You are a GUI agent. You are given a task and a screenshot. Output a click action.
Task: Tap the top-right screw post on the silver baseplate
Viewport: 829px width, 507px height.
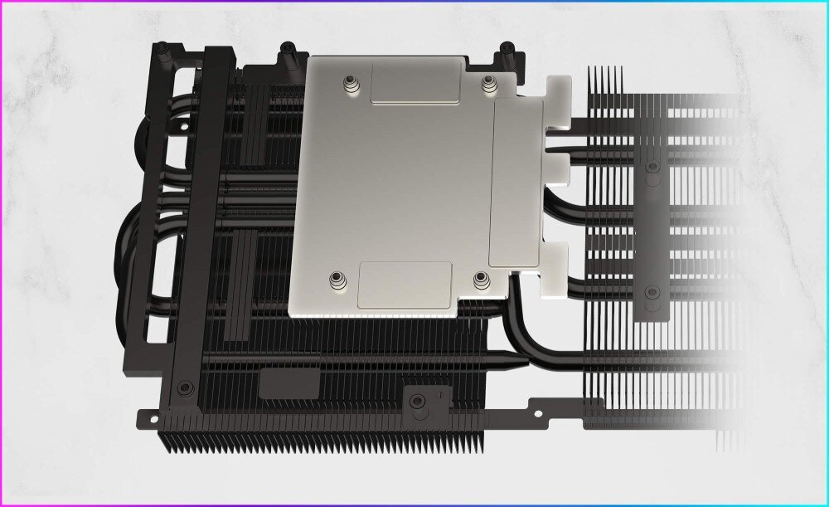(489, 81)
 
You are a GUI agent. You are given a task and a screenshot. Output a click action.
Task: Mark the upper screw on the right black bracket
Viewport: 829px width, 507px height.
(652, 167)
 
